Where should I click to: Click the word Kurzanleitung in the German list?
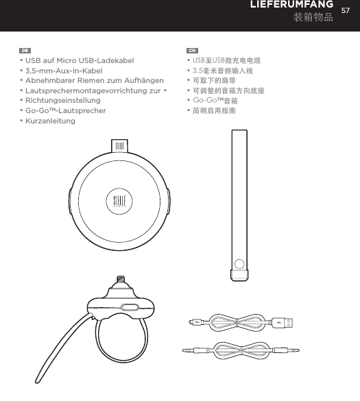click(x=50, y=121)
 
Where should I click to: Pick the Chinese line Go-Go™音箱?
click(x=215, y=100)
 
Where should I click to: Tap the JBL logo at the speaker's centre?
click(x=119, y=202)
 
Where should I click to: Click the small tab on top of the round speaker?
click(x=119, y=147)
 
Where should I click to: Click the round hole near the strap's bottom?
click(x=239, y=263)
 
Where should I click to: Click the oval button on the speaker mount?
click(x=129, y=308)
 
